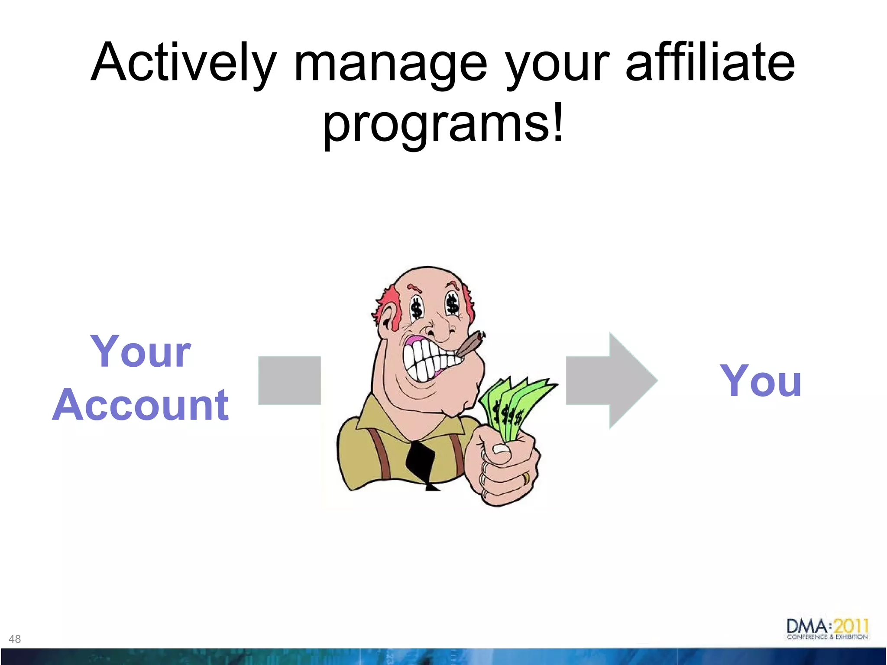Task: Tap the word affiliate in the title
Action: [710, 63]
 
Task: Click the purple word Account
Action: [140, 405]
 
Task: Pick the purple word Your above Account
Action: [140, 352]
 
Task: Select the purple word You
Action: [761, 381]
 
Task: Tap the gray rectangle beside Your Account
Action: [289, 381]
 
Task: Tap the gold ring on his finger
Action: [526, 478]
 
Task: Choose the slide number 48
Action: [15, 639]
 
